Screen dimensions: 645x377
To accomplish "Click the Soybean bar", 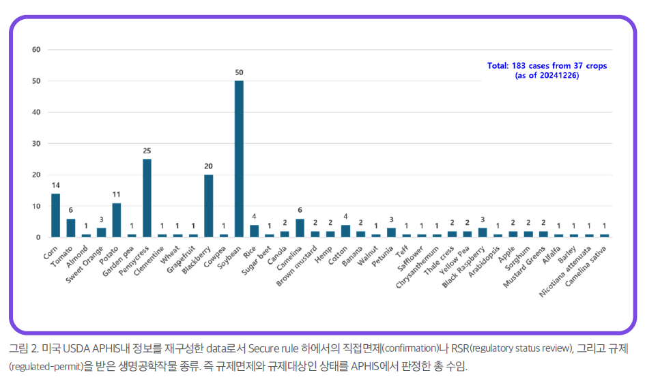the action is pyautogui.click(x=239, y=159).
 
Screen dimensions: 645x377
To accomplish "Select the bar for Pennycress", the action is pyautogui.click(x=147, y=198).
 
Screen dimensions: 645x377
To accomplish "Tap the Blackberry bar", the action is pyautogui.click(x=209, y=206).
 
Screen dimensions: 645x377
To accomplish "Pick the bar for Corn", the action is pyautogui.click(x=55, y=215).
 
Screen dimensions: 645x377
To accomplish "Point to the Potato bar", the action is pyautogui.click(x=117, y=220).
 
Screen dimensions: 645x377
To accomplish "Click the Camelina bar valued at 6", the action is pyautogui.click(x=300, y=228).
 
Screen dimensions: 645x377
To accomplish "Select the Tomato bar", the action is pyautogui.click(x=71, y=228).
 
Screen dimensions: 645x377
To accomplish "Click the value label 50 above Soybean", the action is pyautogui.click(x=239, y=73).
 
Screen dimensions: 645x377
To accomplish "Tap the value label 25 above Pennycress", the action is pyautogui.click(x=147, y=151).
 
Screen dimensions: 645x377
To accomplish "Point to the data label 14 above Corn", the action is pyautogui.click(x=55, y=185).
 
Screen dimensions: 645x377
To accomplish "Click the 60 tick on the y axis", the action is pyautogui.click(x=37, y=50).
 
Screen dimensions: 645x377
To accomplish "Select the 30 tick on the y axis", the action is pyautogui.click(x=37, y=144).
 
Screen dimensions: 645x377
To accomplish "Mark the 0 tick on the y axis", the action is pyautogui.click(x=38, y=237).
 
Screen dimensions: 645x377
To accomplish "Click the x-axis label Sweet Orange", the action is pyautogui.click(x=85, y=265).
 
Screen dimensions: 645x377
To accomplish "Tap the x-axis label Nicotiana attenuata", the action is pyautogui.click(x=565, y=271).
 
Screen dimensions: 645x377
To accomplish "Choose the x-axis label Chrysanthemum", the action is pyautogui.click(x=417, y=267).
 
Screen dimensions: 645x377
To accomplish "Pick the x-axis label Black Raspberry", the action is pyautogui.click(x=463, y=267).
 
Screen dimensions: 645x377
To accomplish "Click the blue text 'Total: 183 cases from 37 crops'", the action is pyautogui.click(x=547, y=65).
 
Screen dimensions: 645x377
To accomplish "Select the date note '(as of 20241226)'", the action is pyautogui.click(x=547, y=76).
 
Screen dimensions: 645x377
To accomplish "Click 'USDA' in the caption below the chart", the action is pyautogui.click(x=76, y=348).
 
